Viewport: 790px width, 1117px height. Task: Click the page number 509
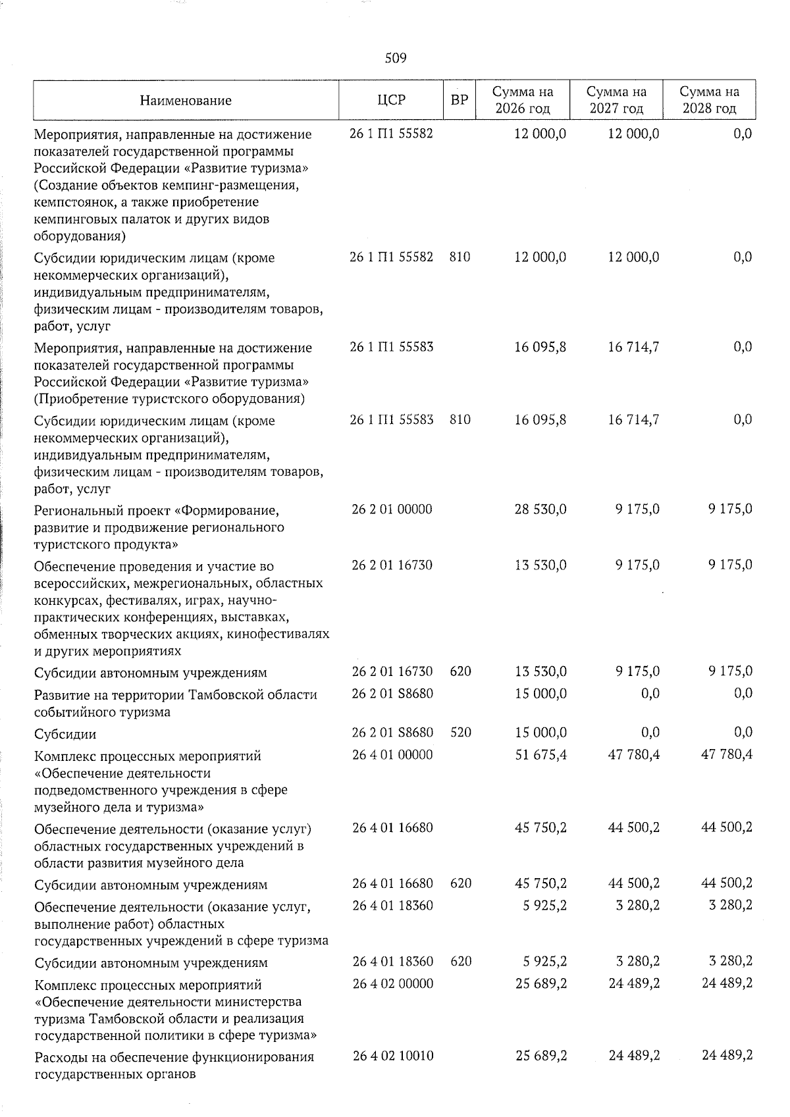[395, 59]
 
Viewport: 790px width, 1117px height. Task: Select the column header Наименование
[186, 101]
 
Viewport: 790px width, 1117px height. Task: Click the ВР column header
[460, 100]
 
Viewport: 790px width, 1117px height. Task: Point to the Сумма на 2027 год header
[616, 100]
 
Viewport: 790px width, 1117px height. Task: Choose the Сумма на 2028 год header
[709, 100]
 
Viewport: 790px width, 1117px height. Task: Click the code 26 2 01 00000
[392, 509]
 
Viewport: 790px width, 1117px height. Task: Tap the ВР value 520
[460, 733]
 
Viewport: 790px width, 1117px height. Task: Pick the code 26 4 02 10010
[392, 1056]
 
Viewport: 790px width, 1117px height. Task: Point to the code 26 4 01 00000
[392, 755]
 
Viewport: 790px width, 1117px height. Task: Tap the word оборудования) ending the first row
[80, 236]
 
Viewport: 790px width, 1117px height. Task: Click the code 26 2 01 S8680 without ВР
[392, 694]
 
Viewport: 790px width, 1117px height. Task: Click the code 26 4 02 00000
[392, 984]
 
